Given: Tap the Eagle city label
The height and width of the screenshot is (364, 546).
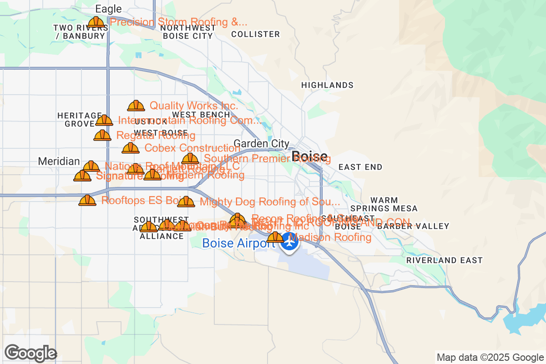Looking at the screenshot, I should pos(109,9).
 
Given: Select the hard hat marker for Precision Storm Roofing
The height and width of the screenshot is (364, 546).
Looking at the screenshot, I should pos(96,22).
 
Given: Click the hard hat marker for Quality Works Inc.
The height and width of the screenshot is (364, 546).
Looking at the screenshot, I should pos(136,106).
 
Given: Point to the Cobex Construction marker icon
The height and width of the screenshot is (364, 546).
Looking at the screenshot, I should pos(131,148).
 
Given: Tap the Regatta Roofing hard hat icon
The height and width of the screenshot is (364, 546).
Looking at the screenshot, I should pos(102,136).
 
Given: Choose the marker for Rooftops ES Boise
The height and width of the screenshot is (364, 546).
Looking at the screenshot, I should pos(87,200).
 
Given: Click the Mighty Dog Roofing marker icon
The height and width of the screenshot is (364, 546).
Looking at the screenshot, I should pos(186,202).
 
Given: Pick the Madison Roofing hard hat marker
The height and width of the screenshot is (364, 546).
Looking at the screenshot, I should pos(275,237).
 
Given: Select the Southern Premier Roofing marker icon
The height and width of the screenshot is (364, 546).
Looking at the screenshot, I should pos(190,159).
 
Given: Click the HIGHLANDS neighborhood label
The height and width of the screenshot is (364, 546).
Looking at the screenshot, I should pos(327,85).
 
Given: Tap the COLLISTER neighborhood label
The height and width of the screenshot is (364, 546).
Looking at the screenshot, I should pos(255,34).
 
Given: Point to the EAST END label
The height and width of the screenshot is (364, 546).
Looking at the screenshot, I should pos(360,167).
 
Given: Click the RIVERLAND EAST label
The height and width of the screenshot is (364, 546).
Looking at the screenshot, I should pos(444,260).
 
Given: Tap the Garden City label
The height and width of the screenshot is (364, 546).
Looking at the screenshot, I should pos(261,144).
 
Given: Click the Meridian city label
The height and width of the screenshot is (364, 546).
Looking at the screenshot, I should pos(59,162).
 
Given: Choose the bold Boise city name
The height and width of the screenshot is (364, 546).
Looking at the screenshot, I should pos(309,157).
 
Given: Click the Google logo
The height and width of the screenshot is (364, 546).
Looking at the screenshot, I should pos(31,353).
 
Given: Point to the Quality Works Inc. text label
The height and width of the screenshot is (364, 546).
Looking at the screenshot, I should pos(194,106).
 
